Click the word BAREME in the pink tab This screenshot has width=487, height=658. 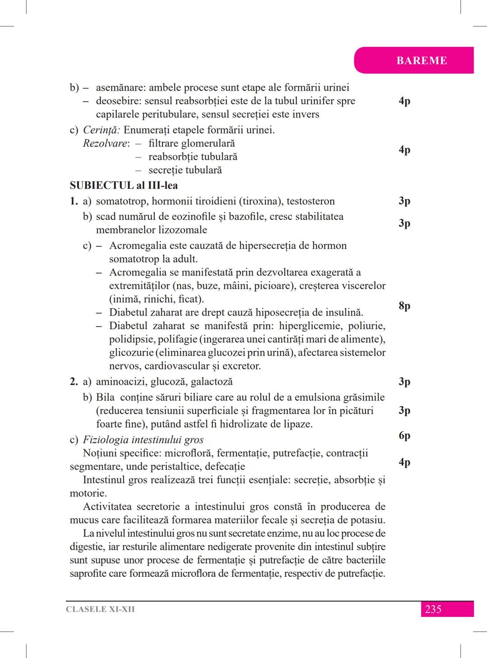point(422,60)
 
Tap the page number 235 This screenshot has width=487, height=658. point(433,609)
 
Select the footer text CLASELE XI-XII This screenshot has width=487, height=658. point(100,609)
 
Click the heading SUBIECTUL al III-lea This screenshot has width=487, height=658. point(124,185)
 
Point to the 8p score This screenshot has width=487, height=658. point(404,306)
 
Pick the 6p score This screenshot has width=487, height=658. point(404,435)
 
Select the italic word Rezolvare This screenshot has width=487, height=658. point(106,143)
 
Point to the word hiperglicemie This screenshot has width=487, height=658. point(307,326)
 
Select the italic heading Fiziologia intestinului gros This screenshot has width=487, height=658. point(143,440)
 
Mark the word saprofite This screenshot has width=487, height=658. point(88,574)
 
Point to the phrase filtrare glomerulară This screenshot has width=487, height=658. point(192,143)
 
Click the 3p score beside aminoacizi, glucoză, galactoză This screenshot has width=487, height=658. point(404,382)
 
